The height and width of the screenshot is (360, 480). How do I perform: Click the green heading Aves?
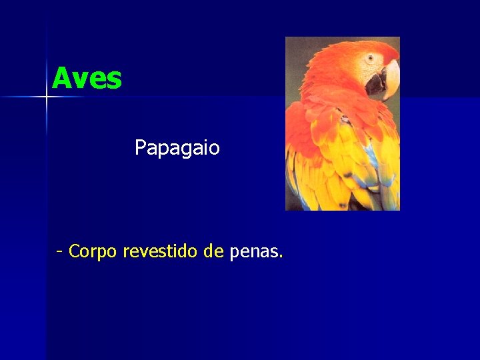pos(87,79)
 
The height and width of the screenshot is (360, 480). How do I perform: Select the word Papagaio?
pos(177,147)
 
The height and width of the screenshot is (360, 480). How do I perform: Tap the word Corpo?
pos(93,251)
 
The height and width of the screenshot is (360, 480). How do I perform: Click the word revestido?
pos(161,251)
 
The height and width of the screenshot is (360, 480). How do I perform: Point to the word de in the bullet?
pos(213,251)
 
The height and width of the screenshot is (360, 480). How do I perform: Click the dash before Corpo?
pos(60,252)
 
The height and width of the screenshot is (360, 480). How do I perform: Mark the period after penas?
pos(281,257)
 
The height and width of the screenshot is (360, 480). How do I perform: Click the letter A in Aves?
pos(61,79)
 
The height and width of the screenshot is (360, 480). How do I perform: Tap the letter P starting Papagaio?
pos(140,147)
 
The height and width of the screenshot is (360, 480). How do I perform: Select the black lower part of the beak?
pos(377,84)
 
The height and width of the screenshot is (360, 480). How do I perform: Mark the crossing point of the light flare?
pos(47,97)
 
